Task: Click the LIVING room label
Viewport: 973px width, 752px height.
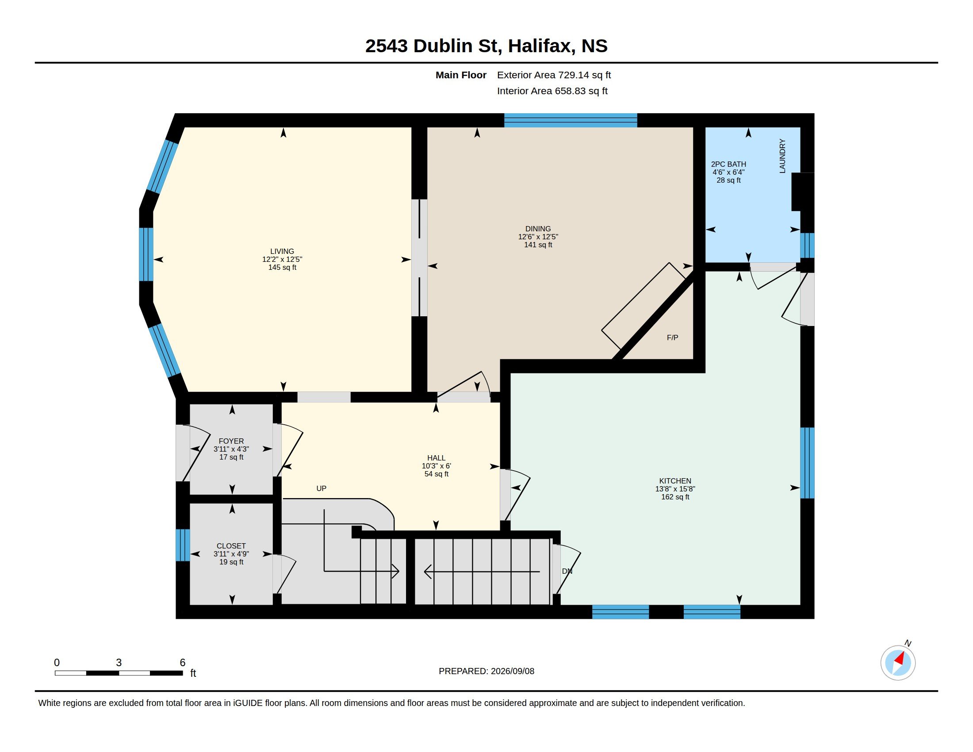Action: [x=282, y=251]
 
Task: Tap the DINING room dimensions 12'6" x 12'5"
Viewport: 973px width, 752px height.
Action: [x=538, y=237]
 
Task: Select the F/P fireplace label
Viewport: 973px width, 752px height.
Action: [x=672, y=338]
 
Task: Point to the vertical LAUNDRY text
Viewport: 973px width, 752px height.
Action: [x=782, y=156]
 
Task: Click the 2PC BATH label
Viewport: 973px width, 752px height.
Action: [x=728, y=165]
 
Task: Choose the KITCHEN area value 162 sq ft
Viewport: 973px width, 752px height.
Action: [x=675, y=497]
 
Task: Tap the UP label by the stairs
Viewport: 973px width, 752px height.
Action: [x=321, y=488]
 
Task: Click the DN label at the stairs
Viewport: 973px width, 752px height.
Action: [x=567, y=571]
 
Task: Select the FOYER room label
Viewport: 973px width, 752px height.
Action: [x=231, y=441]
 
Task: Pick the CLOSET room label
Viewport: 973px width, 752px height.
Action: [x=231, y=546]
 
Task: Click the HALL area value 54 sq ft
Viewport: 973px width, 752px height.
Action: [x=436, y=474]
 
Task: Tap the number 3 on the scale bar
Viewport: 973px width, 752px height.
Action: [x=119, y=663]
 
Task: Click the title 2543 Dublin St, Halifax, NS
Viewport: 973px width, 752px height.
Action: [x=486, y=46]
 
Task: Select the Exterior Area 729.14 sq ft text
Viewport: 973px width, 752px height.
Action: [x=554, y=75]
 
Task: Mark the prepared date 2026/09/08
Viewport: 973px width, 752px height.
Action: [x=512, y=671]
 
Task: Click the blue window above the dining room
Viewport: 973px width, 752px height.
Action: [x=571, y=120]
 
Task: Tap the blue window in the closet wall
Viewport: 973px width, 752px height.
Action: [x=183, y=545]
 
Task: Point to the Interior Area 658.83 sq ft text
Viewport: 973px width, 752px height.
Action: [x=552, y=91]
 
